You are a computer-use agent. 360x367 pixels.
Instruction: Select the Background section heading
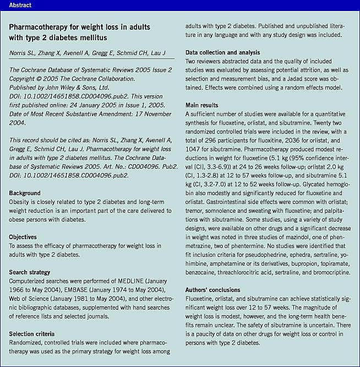point(25,193)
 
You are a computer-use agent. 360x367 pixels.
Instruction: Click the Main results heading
point(201,105)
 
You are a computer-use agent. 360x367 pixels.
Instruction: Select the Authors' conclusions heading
point(213,290)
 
